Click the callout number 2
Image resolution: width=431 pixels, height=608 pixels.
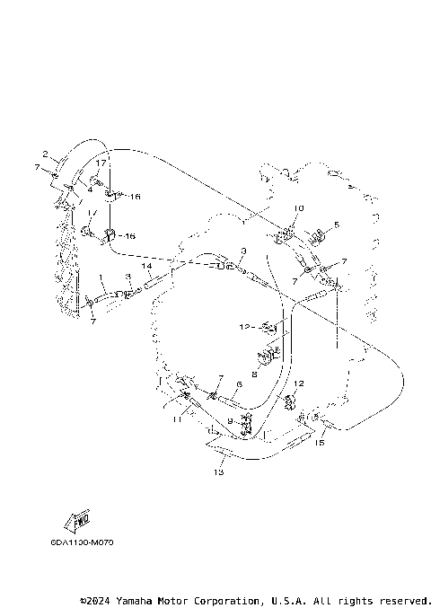(45, 154)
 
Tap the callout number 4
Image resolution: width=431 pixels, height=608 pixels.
(91, 190)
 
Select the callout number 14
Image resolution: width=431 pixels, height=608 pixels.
(145, 267)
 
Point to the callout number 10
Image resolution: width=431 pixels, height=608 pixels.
(299, 208)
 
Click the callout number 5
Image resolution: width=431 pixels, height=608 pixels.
(337, 225)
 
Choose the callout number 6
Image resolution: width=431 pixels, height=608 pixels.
(239, 383)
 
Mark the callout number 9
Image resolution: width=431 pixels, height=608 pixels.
(230, 420)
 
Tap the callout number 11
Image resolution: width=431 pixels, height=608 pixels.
(177, 419)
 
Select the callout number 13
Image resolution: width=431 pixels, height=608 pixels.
(218, 471)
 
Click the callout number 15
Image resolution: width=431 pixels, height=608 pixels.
(319, 442)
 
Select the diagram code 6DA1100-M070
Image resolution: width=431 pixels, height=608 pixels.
(83, 542)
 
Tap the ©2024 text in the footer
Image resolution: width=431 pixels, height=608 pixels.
(98, 600)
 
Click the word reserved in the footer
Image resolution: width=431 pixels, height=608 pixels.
(403, 600)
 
